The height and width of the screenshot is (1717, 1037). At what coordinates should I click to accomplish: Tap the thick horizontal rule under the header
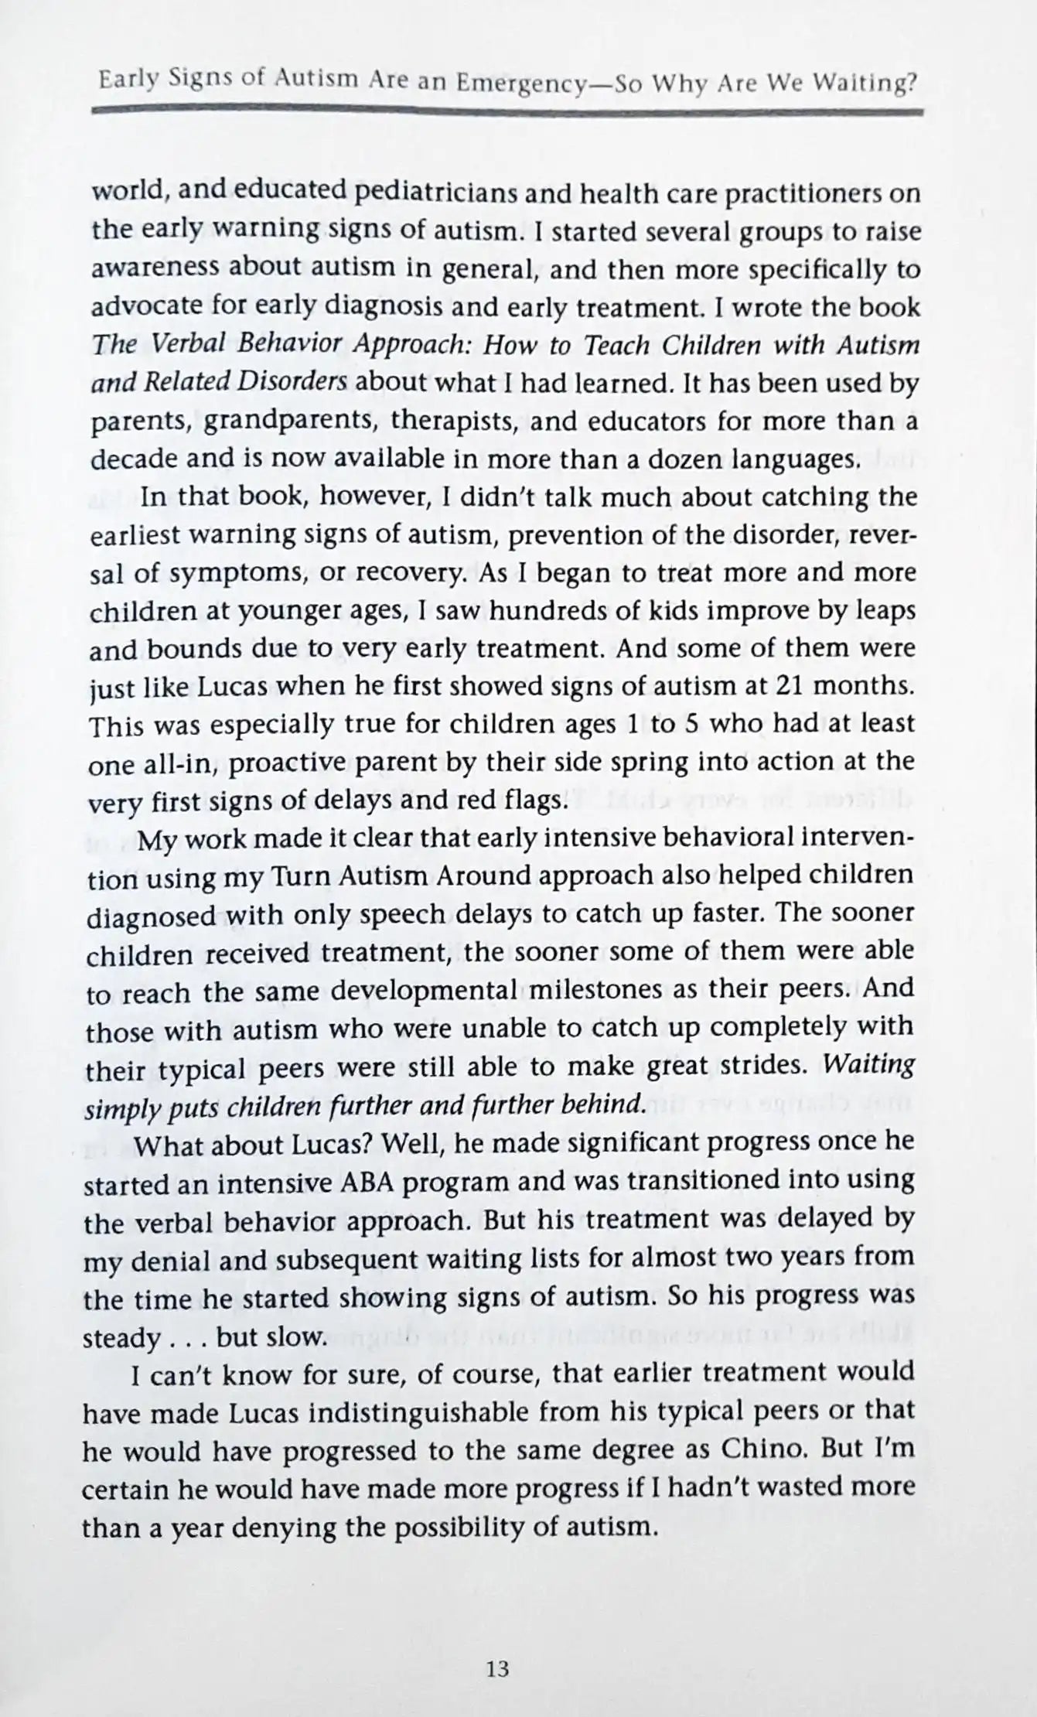507,112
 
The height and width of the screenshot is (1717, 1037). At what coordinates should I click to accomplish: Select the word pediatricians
435,193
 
